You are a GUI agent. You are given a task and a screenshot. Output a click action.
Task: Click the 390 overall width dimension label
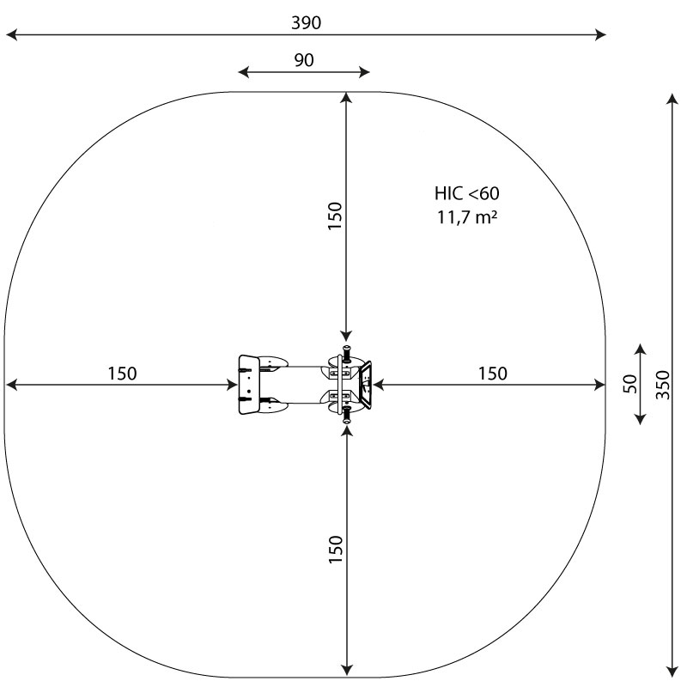307,23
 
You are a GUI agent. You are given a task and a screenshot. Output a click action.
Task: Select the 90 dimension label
304,60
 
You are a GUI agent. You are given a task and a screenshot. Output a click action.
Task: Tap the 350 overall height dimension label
663,385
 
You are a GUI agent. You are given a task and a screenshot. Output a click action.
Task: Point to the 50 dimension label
629,384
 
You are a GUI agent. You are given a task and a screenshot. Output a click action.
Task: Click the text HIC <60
466,193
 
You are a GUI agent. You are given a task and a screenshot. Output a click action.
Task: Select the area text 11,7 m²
467,217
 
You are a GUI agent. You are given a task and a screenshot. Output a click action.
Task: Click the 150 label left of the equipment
122,374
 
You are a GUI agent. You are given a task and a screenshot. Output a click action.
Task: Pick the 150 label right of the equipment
493,374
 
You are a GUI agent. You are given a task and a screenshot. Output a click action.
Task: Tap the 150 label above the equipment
335,216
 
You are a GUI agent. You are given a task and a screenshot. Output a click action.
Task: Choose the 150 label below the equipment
336,549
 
